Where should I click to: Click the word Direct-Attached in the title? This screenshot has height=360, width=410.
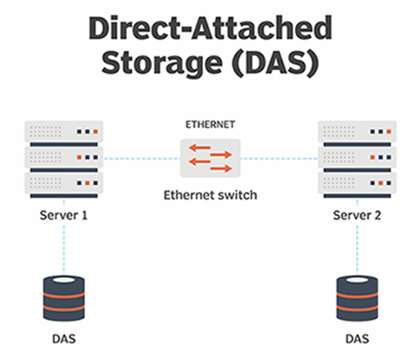(210, 28)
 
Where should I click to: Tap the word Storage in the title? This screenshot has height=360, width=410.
(162, 62)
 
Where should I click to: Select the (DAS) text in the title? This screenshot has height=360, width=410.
(275, 62)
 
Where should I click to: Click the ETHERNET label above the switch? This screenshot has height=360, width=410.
(210, 125)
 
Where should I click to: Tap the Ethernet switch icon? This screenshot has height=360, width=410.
(210, 158)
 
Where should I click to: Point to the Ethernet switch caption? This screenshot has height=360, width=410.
(210, 195)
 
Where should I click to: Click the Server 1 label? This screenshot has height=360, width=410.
(64, 215)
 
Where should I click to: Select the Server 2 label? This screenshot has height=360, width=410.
(357, 215)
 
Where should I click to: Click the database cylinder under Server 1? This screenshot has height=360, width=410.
(64, 298)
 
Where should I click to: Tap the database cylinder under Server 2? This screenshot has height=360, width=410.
(358, 298)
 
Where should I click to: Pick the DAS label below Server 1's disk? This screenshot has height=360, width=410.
(64, 339)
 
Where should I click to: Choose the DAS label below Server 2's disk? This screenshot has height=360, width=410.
(358, 339)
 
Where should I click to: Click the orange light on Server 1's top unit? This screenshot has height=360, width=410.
(95, 132)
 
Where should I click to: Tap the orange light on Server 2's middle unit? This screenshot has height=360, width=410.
(373, 158)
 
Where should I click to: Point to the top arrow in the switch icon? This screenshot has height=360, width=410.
(199, 148)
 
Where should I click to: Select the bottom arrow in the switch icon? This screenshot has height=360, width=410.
(221, 169)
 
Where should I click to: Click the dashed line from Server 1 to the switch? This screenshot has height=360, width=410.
(141, 158)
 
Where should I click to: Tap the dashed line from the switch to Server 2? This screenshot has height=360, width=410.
(279, 158)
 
